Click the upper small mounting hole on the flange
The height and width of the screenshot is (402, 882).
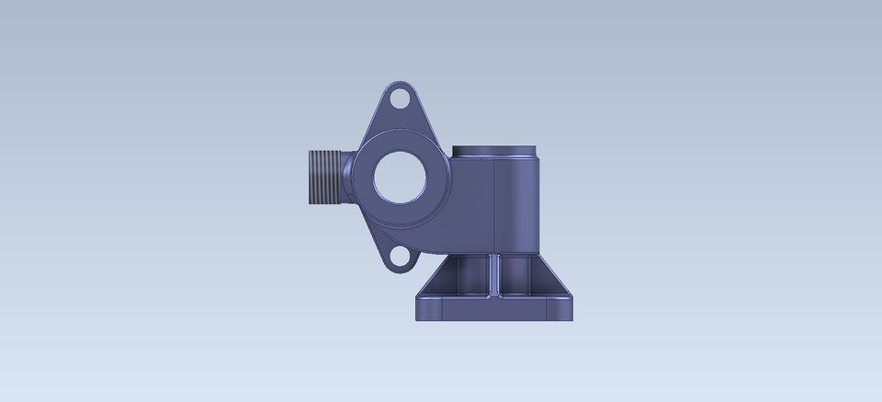point(400,96)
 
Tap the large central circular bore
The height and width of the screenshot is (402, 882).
point(400,177)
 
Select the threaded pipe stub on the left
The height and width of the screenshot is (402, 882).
point(323,177)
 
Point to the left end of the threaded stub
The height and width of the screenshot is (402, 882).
point(306,177)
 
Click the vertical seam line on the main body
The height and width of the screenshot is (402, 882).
point(496,207)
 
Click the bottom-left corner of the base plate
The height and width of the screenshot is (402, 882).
point(418,318)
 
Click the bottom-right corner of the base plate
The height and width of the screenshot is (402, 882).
point(571,318)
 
